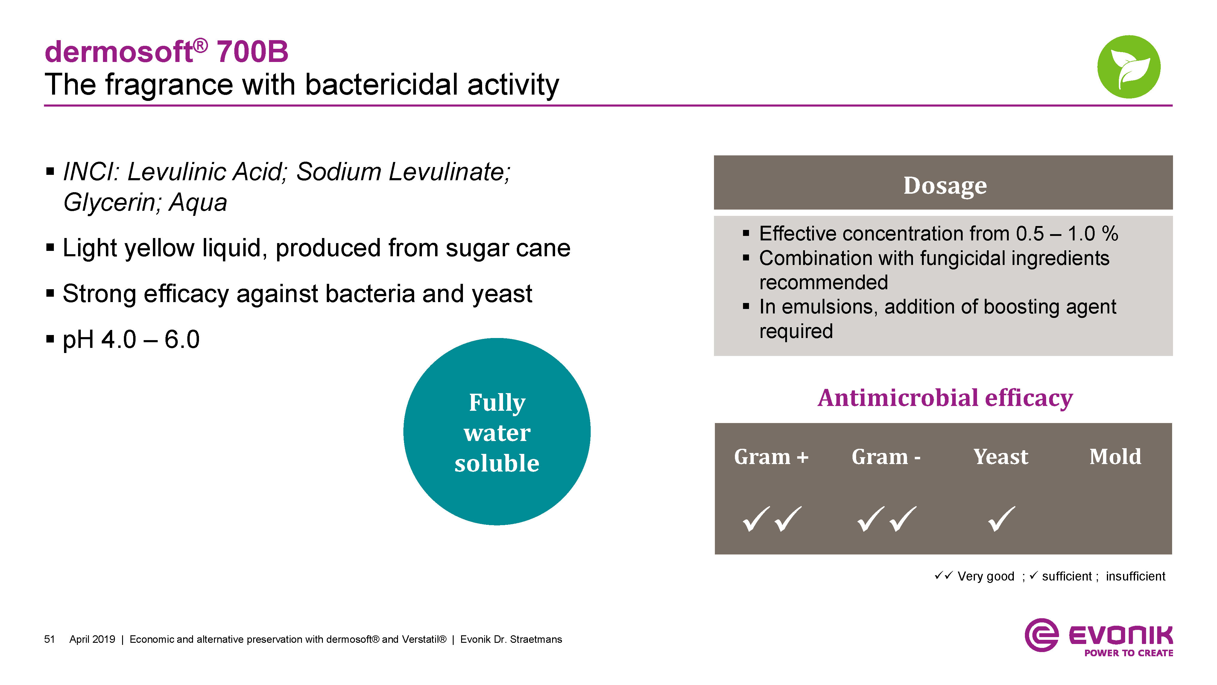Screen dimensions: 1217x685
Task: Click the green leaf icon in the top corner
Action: pos(1129,67)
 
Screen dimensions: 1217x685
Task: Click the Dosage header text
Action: pos(945,185)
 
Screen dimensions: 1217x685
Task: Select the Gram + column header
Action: pos(771,457)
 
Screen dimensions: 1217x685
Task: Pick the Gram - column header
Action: pos(886,457)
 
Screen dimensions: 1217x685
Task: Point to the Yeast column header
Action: pos(1001,457)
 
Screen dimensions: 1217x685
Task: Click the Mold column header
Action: pos(1115,457)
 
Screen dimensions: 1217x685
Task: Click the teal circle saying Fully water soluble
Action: pos(497,432)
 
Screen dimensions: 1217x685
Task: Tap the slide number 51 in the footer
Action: pos(49,639)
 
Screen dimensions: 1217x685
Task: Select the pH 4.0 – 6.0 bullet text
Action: pos(131,340)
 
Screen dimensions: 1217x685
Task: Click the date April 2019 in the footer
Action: pos(92,639)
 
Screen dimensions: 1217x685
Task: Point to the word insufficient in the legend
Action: pos(1135,576)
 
